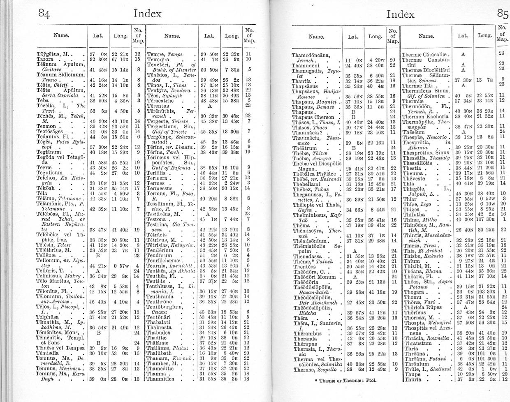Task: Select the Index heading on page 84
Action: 148,14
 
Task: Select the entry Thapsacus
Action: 305,86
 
